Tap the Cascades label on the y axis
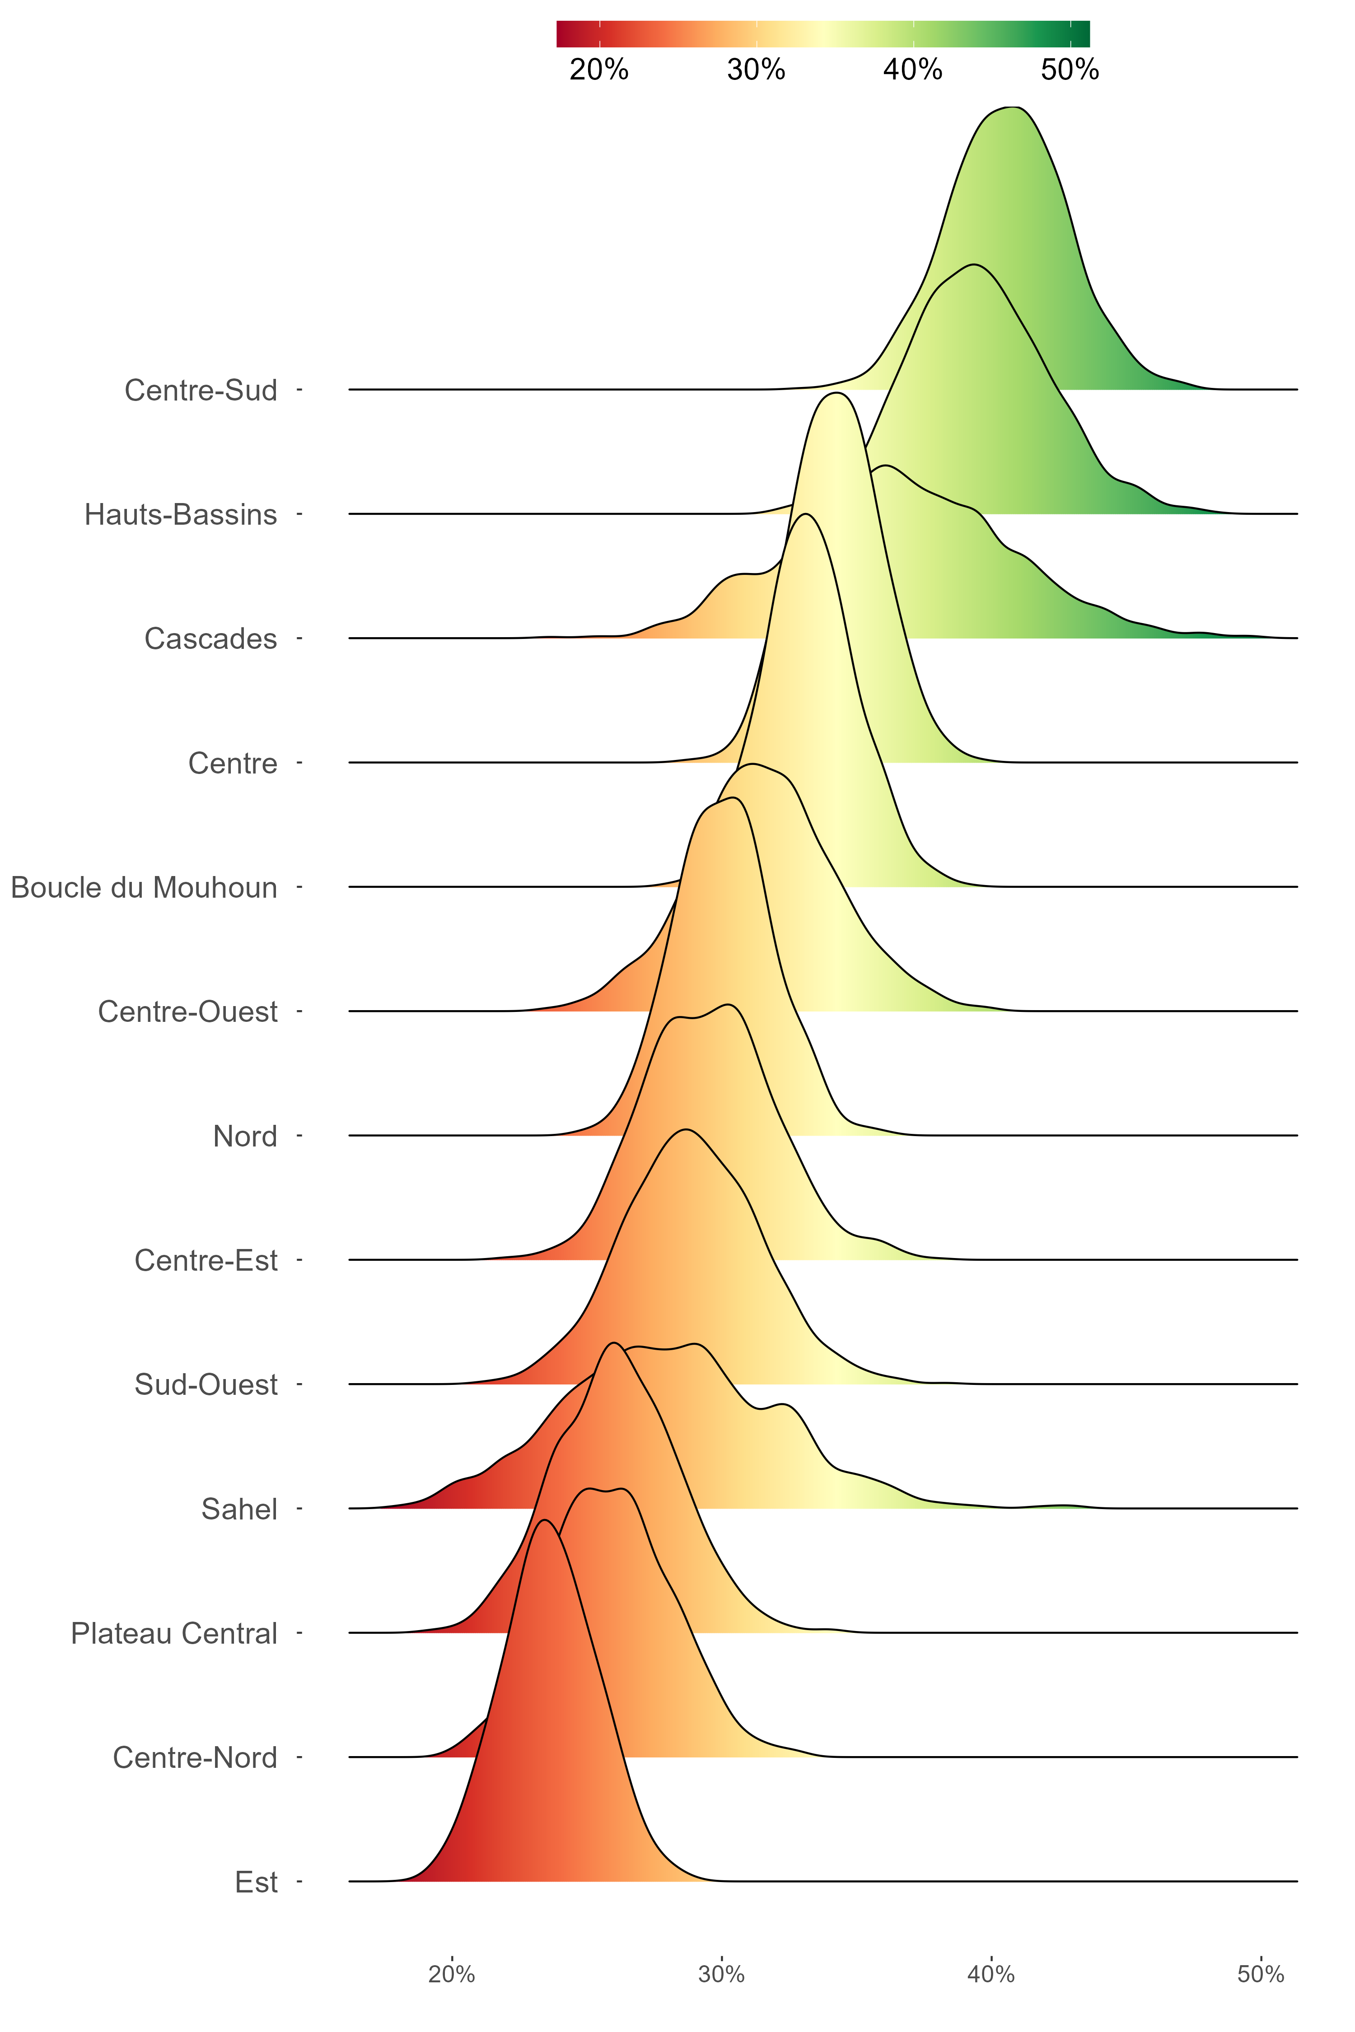tap(211, 639)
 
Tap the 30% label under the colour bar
tap(756, 70)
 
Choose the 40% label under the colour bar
tap(912, 70)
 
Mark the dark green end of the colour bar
tap(1084, 34)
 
